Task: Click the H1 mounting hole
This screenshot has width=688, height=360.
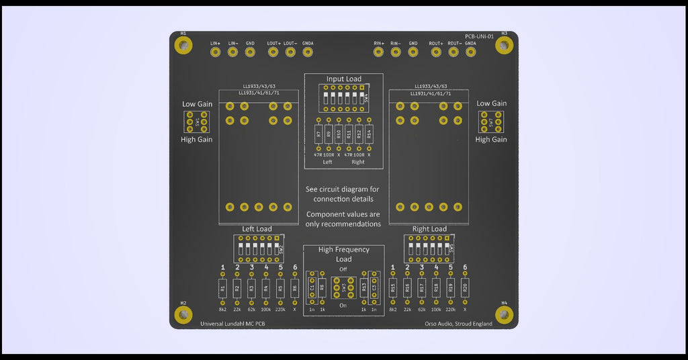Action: [183, 45]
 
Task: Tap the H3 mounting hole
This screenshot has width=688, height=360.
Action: [504, 45]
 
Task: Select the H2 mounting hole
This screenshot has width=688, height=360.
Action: [183, 314]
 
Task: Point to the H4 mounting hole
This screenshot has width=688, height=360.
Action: [504, 314]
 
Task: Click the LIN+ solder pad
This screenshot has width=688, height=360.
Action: [216, 52]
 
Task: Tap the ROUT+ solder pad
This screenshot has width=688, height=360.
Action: [436, 52]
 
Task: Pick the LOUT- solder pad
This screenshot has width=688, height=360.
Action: [290, 52]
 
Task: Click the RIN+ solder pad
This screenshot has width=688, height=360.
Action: [379, 52]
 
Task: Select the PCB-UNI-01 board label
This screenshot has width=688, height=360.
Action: [480, 36]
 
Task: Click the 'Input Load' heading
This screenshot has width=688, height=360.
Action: [344, 79]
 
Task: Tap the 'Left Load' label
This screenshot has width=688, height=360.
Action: [257, 229]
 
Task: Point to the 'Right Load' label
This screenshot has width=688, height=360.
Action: [429, 229]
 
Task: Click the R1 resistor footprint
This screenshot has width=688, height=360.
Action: [222, 289]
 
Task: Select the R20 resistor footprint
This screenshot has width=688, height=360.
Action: [465, 289]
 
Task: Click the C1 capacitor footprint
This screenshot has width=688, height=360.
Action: [312, 288]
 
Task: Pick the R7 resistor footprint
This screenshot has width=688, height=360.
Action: [318, 134]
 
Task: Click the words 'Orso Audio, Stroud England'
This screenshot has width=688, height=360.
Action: [458, 324]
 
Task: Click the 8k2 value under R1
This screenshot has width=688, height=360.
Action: [222, 310]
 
